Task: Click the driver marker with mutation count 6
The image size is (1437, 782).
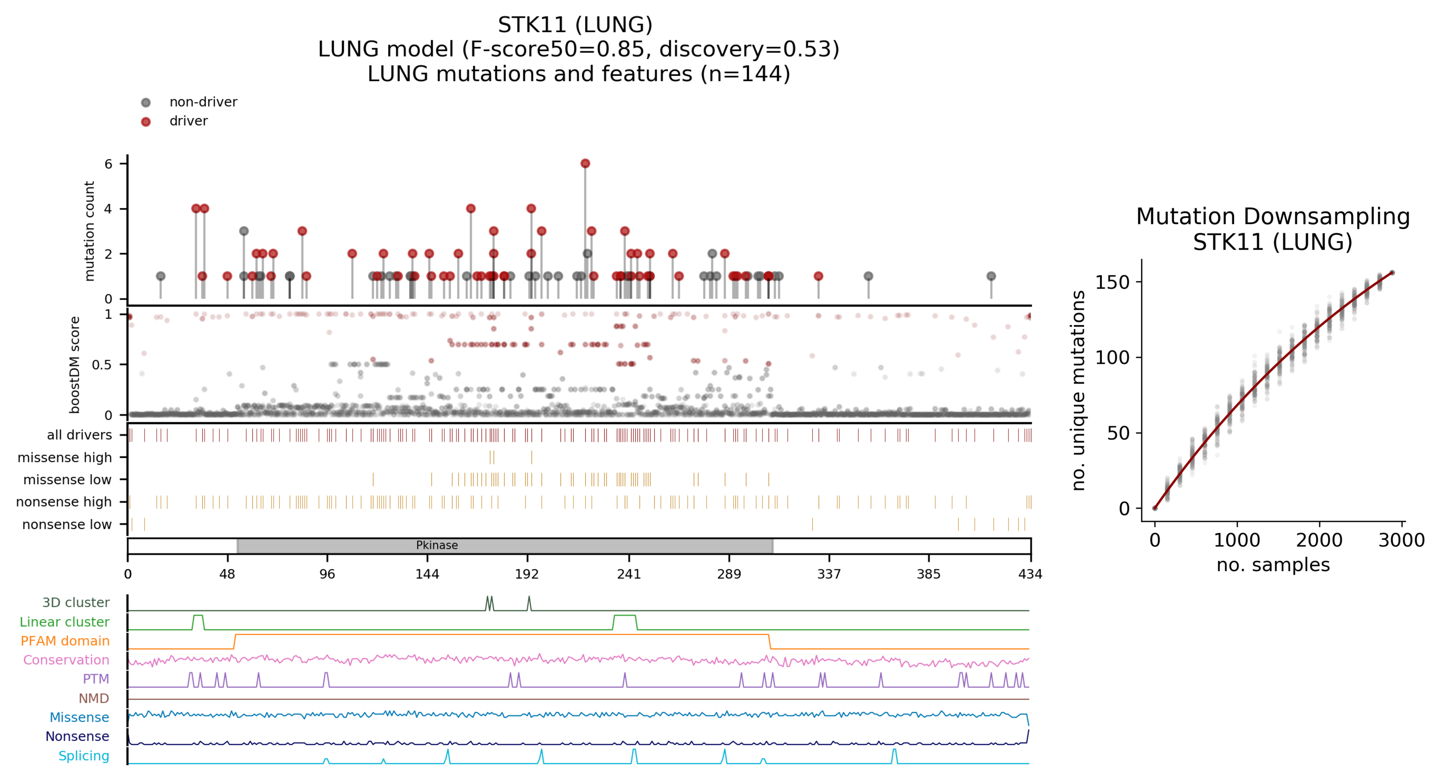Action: point(585,164)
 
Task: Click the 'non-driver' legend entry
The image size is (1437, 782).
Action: point(203,102)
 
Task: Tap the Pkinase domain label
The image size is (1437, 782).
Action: point(437,545)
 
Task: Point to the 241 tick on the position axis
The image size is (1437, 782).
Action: point(629,574)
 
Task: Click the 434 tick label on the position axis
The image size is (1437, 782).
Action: point(1030,574)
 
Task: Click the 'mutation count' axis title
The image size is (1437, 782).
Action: point(89,231)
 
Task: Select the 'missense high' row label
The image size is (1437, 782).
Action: point(65,458)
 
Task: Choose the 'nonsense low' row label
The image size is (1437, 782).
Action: point(67,525)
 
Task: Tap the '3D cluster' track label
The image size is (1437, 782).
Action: point(76,603)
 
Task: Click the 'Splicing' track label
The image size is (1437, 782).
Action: point(84,756)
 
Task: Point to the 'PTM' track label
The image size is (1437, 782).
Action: point(96,679)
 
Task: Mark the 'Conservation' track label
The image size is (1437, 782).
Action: point(66,660)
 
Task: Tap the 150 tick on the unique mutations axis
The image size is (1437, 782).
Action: point(1112,283)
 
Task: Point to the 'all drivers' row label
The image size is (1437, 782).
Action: point(79,435)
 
